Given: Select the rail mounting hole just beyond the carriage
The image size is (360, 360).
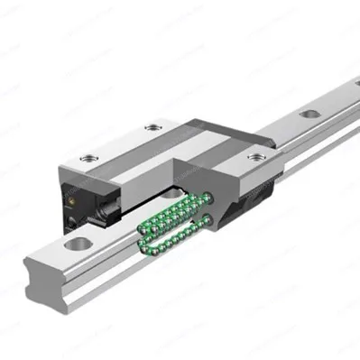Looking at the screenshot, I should (309, 115).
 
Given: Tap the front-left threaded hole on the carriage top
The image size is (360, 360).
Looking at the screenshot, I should (88, 158).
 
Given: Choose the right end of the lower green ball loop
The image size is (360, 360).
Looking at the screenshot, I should (211, 219).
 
